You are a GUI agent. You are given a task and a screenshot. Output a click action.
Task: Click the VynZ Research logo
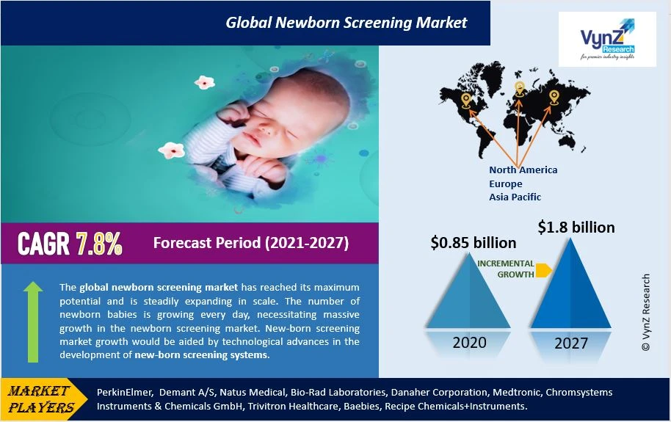point(607,40)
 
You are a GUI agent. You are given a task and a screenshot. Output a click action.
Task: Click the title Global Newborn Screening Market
point(347,23)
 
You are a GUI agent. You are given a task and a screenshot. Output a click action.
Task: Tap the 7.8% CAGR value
point(99,244)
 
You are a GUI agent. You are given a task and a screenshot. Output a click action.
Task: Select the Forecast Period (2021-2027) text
point(251,243)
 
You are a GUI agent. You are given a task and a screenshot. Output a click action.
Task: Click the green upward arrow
point(33,322)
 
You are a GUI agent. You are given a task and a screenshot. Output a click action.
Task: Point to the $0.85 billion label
point(474,243)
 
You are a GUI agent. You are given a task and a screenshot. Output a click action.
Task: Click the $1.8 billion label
point(576,227)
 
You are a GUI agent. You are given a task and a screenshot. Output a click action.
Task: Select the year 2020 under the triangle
point(469,343)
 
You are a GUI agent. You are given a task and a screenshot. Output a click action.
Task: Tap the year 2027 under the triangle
point(571,343)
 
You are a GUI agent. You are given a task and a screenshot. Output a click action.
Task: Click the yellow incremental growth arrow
point(543,270)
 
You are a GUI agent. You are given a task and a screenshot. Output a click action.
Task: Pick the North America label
point(523,170)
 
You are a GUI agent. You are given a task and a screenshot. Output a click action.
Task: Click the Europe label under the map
point(505,183)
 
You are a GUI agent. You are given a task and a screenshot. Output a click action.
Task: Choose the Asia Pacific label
point(515,197)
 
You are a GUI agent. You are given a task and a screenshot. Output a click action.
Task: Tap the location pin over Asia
point(554,97)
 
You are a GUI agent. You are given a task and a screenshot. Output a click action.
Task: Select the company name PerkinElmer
point(124,392)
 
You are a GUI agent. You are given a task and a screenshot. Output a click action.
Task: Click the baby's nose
point(262,127)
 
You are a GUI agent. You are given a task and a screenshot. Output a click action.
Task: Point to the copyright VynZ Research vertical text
point(646,313)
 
